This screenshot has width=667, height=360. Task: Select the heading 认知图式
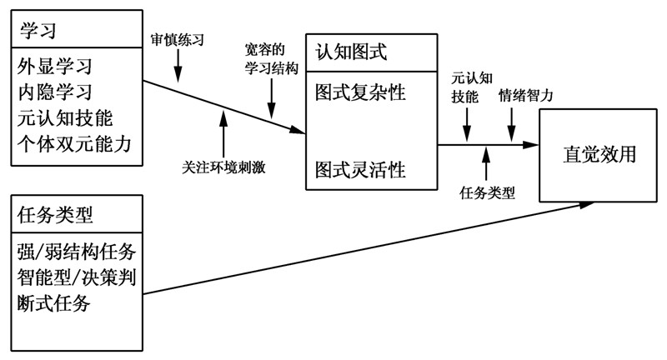point(351,52)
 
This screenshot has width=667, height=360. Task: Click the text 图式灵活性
point(360,170)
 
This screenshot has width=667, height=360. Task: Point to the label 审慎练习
point(178,39)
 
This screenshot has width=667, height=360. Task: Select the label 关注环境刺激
point(224,166)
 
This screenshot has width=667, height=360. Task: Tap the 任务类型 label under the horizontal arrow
point(488,193)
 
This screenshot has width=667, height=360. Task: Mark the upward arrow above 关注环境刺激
point(223,132)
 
